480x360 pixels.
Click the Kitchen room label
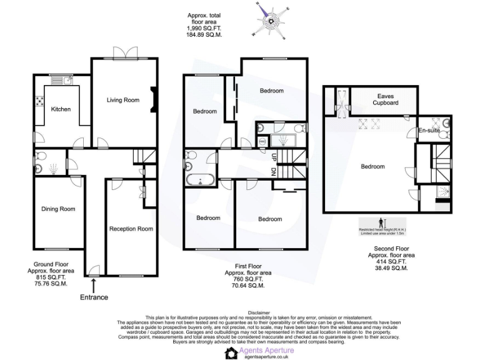61,109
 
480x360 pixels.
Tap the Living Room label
122,100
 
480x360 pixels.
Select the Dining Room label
58,209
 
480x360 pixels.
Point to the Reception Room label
131,229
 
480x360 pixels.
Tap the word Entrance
94,297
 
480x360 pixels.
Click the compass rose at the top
271,21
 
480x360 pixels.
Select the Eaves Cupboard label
386,99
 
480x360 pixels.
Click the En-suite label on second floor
429,131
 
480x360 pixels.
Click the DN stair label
274,171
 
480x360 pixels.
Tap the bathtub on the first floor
200,181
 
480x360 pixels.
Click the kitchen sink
66,81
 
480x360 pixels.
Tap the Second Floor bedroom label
372,166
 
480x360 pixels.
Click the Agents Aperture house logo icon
231,353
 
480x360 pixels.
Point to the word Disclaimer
259,312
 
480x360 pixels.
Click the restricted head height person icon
382,223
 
